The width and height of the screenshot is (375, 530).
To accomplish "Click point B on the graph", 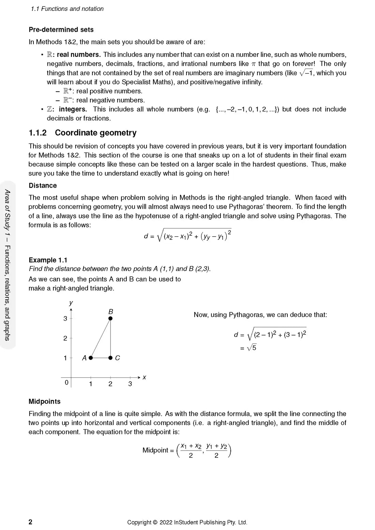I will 110,318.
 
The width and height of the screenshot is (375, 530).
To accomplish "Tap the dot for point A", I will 91,358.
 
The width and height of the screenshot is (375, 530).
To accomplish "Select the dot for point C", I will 110,358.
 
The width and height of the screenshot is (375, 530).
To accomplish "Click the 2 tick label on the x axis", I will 110,384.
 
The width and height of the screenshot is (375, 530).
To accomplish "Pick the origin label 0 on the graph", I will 66,383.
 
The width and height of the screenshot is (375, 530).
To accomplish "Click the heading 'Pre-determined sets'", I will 61,30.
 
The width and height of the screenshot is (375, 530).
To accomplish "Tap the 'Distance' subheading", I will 43,186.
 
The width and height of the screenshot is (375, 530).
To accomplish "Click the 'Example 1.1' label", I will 48,260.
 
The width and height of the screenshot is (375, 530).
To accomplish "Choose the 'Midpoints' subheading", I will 45,402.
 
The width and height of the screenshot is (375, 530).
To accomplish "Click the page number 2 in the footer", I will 30,522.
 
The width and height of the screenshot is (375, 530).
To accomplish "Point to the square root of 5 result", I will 252,348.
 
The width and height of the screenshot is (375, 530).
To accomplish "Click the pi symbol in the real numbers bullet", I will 253,64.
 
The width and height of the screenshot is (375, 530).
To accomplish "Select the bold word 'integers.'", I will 73,109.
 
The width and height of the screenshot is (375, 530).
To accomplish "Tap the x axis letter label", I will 144,377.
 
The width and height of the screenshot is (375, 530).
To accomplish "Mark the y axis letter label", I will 71,303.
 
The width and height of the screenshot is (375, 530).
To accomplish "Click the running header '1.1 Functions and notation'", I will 67,9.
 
